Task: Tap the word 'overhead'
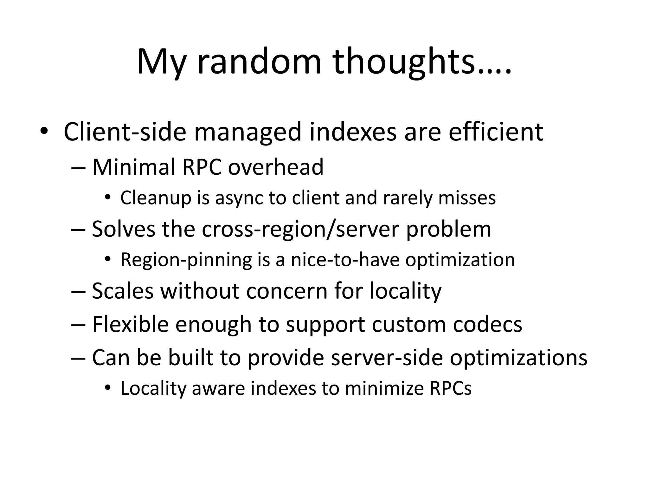pos(276,167)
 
